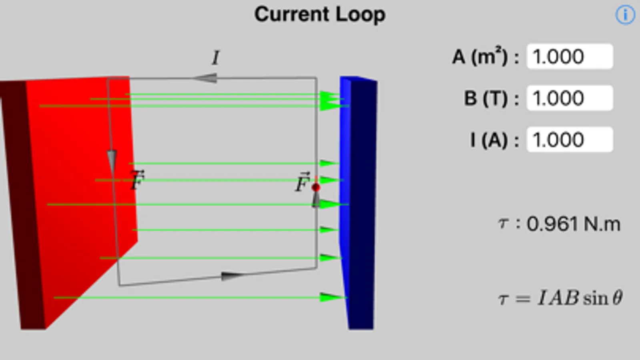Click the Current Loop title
[320, 15]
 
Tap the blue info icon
[625, 15]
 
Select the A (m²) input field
[570, 56]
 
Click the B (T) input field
[570, 98]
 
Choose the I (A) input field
[570, 140]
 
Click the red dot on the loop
[316, 187]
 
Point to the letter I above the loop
[216, 58]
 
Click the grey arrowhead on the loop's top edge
[206, 78]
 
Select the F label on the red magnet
[137, 180]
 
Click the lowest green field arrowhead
[331, 297]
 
